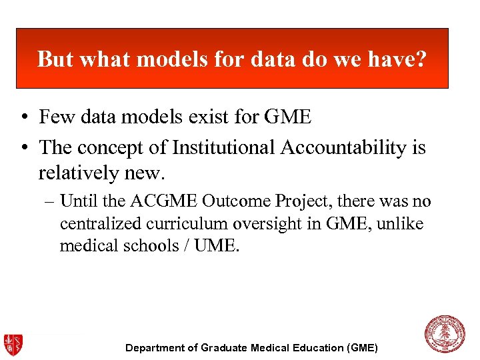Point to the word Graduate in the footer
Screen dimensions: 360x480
(225, 348)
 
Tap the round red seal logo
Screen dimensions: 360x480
(445, 335)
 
